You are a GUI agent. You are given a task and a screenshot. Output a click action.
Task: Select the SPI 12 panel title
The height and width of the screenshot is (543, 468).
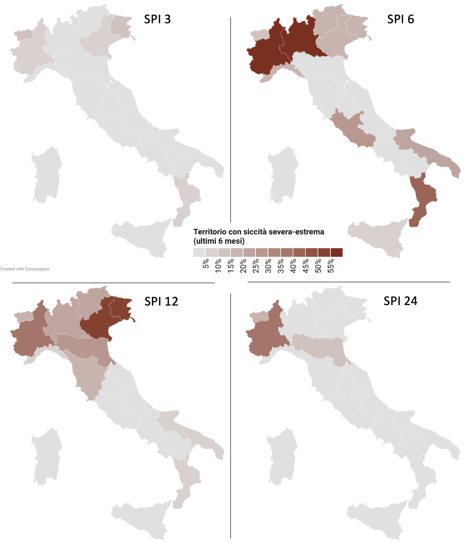pyautogui.click(x=161, y=302)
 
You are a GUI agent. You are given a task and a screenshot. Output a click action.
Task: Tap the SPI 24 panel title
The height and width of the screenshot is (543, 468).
pyautogui.click(x=400, y=301)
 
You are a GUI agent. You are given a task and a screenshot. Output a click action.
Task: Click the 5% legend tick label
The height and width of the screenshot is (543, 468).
pyautogui.click(x=206, y=263)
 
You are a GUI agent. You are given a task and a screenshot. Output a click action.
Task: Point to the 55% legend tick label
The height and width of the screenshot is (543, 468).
pyautogui.click(x=331, y=263)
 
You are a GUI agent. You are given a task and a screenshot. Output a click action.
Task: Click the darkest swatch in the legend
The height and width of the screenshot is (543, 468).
pyautogui.click(x=337, y=253)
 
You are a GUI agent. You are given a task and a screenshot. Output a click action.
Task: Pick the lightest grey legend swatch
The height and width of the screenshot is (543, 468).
pyautogui.click(x=199, y=253)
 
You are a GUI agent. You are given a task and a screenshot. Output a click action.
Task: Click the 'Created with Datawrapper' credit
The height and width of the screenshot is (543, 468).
pyautogui.click(x=25, y=269)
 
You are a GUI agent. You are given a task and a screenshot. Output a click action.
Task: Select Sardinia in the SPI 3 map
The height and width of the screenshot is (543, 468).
pyautogui.click(x=46, y=175)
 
